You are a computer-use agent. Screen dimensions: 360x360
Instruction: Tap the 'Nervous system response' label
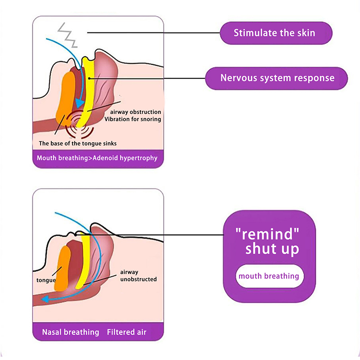click(x=277, y=78)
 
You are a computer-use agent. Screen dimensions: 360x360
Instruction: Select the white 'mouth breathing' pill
click(x=269, y=276)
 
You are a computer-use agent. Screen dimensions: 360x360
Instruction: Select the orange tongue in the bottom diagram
click(x=63, y=268)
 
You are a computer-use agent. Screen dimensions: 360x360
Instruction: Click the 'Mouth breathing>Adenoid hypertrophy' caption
click(x=97, y=158)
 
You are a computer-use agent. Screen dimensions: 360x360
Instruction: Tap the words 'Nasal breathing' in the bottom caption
click(x=70, y=332)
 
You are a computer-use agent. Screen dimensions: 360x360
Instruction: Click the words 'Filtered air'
click(x=126, y=332)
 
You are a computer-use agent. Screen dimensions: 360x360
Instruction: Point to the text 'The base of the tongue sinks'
click(x=77, y=144)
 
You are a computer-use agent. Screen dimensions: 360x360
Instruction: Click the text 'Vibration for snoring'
click(x=132, y=119)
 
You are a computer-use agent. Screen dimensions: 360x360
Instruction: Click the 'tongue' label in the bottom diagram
click(x=46, y=280)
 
